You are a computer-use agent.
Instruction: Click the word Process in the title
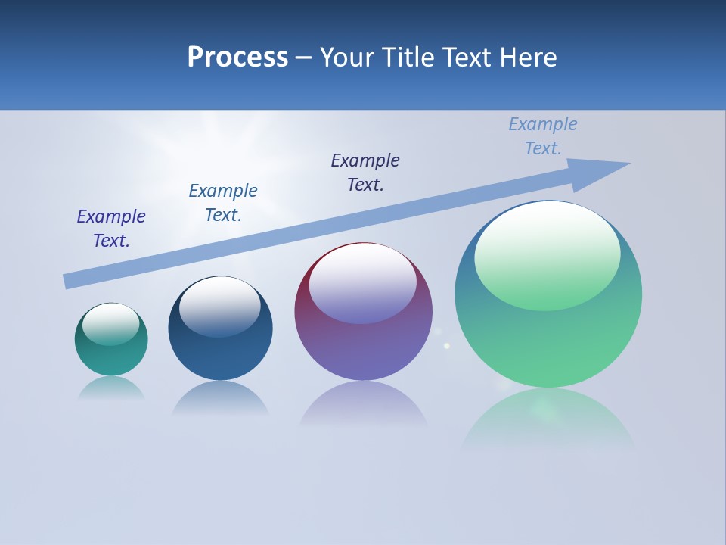point(237,58)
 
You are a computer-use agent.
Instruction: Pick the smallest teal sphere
point(111,356)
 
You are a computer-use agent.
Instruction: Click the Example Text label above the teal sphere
point(111,229)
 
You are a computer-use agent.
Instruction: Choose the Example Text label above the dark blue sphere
point(223,203)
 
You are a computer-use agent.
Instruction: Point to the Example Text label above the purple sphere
point(365,173)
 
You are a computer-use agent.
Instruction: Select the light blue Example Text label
point(543,136)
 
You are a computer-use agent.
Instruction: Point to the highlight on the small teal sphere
point(110,324)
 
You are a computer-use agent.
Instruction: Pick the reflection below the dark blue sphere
point(220,398)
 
